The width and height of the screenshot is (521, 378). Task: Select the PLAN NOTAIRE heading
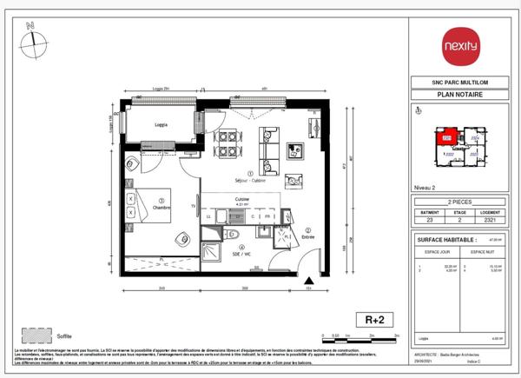pos(459,95)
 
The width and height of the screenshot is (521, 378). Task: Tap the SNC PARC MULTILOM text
pos(459,83)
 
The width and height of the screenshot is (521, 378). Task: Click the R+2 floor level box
pos(371,319)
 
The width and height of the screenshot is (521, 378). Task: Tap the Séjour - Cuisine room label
pos(250,180)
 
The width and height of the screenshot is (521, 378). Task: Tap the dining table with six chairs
pos(228,143)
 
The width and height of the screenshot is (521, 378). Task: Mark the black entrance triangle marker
pos(310,280)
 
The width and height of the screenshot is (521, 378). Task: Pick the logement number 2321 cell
pos(490,221)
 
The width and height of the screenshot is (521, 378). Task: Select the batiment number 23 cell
pos(428,221)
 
